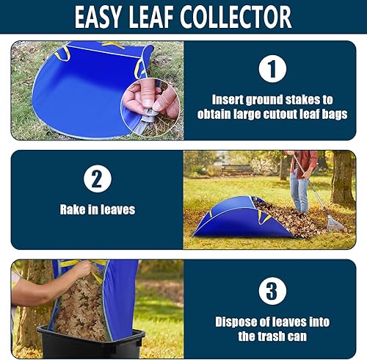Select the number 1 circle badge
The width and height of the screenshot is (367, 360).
click(x=271, y=69)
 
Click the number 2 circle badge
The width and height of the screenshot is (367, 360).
click(x=97, y=180)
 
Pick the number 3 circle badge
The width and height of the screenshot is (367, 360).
click(x=272, y=289)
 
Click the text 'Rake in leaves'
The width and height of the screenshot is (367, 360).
click(x=97, y=209)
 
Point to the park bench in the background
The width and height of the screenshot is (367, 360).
click(x=236, y=169)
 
